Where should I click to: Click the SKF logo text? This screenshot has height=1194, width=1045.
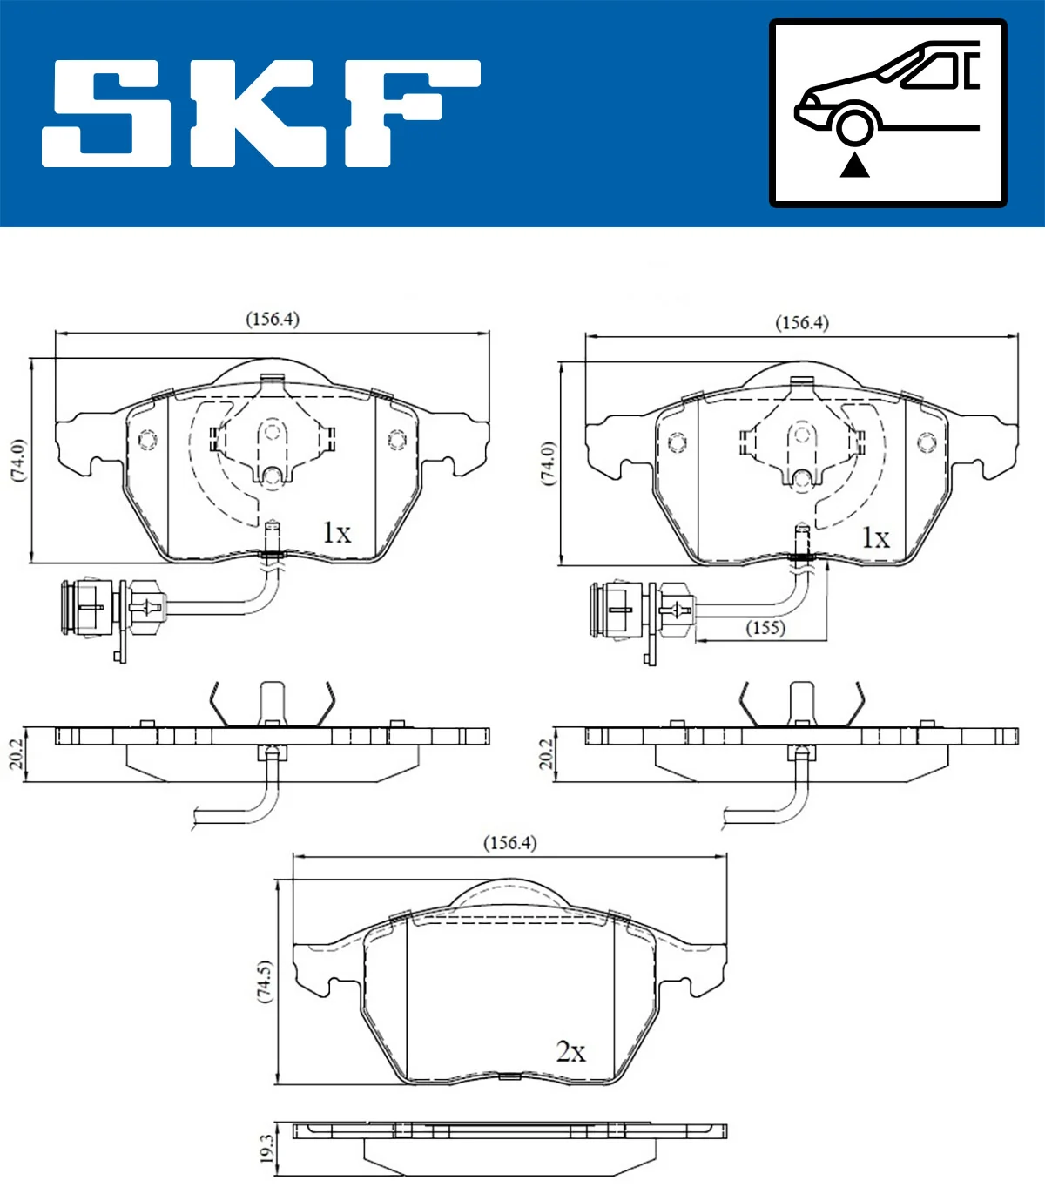click(x=261, y=113)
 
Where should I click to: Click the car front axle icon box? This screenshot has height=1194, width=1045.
click(x=887, y=113)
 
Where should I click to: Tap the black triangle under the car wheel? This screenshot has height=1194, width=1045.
click(x=855, y=165)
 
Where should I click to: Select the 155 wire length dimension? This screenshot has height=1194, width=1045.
click(x=765, y=628)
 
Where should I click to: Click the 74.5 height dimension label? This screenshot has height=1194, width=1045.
click(x=266, y=982)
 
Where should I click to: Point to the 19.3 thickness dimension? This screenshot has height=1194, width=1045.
click(x=266, y=1148)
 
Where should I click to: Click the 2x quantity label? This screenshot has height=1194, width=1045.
click(x=571, y=1052)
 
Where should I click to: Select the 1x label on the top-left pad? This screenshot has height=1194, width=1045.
click(x=336, y=532)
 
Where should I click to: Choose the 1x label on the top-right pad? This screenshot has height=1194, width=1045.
click(x=875, y=537)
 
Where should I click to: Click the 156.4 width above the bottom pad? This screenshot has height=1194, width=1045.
click(x=509, y=843)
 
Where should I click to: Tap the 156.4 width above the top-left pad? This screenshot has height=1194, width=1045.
click(x=272, y=319)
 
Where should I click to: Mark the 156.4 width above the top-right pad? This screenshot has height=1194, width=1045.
click(x=802, y=323)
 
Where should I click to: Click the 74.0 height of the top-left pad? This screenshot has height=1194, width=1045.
click(x=18, y=460)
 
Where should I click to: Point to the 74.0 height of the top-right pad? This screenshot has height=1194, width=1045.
click(x=548, y=463)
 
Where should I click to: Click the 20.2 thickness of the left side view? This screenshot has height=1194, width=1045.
click(x=16, y=754)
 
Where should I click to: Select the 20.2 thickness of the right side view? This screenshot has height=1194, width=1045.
click(x=546, y=754)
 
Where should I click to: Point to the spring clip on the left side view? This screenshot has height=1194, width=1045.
click(x=272, y=704)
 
